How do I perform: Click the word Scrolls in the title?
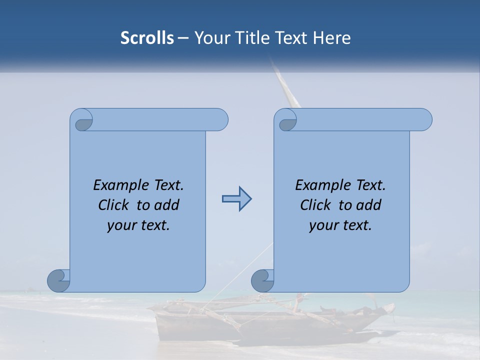point(147,38)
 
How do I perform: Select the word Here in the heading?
point(331,38)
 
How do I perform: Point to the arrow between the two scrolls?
point(236,199)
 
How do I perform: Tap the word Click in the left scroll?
point(115,205)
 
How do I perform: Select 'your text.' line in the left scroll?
point(138,225)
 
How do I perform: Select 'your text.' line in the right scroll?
point(340,225)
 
